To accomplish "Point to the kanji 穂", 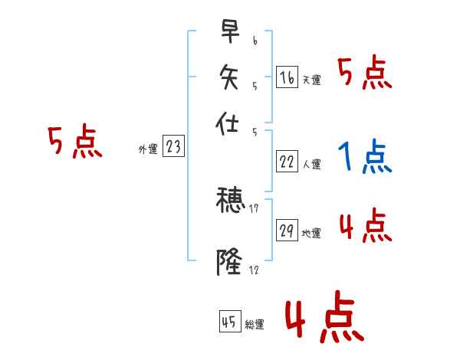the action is click(231, 201).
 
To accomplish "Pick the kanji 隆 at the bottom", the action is click(231, 261).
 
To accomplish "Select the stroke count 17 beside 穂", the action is click(255, 208).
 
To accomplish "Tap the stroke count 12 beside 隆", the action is click(255, 270).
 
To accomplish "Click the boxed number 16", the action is click(287, 77).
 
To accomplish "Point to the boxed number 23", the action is click(173, 147).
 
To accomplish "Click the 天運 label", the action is click(311, 80).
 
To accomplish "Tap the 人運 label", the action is click(311, 163).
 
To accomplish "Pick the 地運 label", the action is click(311, 233).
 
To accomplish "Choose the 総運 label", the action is click(255, 325).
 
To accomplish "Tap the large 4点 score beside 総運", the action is click(324, 319).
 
